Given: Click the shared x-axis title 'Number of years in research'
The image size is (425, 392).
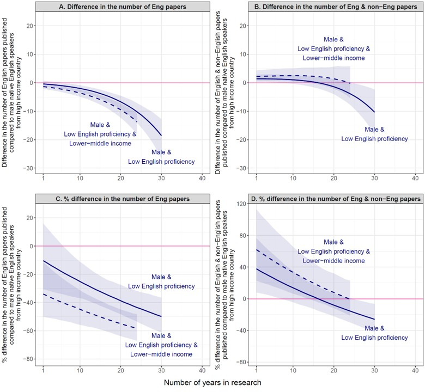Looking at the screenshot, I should (212, 382).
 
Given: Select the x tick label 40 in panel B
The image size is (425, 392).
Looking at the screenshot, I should (415, 178).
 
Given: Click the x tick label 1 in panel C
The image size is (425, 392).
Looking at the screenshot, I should (43, 370).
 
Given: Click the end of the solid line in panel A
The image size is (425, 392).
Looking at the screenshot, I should (162, 135).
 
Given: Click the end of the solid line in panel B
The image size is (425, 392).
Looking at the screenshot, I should (374, 112).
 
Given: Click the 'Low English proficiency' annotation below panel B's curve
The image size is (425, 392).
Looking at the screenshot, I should (374, 139).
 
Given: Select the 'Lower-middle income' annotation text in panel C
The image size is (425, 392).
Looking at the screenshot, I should (161, 354).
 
